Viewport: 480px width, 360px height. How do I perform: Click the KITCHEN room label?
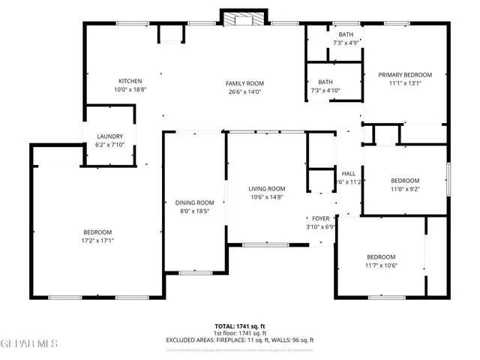point(130,81)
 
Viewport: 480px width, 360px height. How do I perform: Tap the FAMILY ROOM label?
point(245,83)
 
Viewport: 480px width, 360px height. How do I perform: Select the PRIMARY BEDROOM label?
point(405,74)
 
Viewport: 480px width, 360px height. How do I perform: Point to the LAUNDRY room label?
point(109,136)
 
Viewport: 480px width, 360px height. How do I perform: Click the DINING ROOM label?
point(195,202)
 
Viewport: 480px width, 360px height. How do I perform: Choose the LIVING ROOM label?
point(267,188)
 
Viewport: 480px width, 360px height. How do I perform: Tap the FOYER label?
point(321,218)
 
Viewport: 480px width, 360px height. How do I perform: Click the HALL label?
point(348,173)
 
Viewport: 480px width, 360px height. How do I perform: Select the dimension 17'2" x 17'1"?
point(97,241)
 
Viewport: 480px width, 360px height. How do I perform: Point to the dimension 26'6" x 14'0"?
point(245,91)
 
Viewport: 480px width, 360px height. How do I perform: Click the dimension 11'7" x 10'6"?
point(381,265)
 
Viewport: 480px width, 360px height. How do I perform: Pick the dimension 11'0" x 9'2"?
point(405,189)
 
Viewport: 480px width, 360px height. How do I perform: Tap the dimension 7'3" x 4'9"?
point(346,43)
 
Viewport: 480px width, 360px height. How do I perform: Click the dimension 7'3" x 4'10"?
point(325,91)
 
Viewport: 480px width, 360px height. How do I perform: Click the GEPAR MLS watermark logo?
point(29,344)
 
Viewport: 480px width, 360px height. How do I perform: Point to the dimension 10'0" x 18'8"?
point(130,89)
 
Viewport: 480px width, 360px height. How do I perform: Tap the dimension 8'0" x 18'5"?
point(195,211)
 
